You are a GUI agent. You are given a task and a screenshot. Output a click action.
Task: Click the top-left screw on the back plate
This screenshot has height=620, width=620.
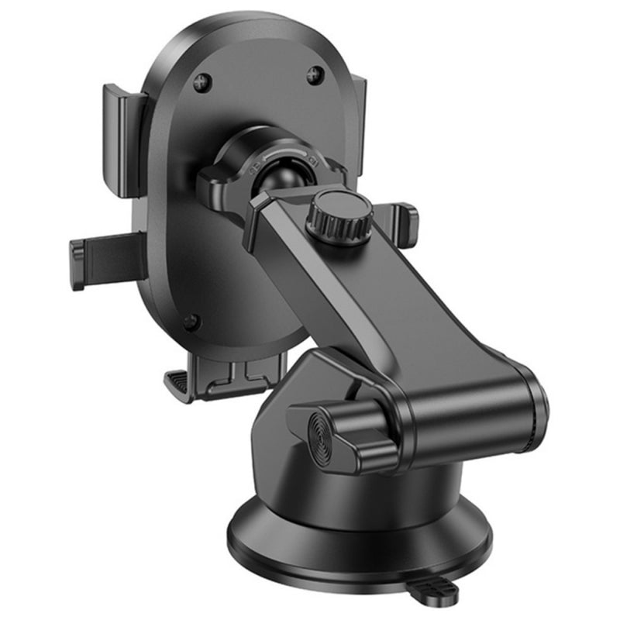203,79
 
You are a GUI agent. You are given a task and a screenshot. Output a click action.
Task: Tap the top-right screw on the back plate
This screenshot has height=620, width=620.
315,75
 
